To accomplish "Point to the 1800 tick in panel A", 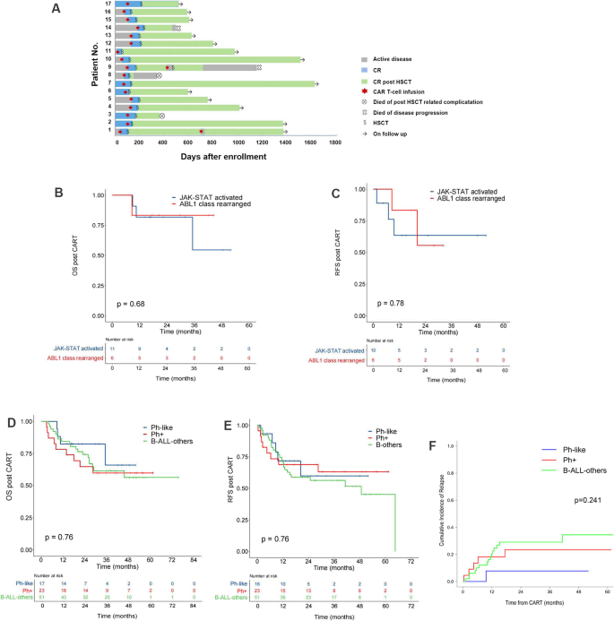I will click(x=335, y=143).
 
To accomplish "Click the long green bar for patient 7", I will click(x=224, y=83).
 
